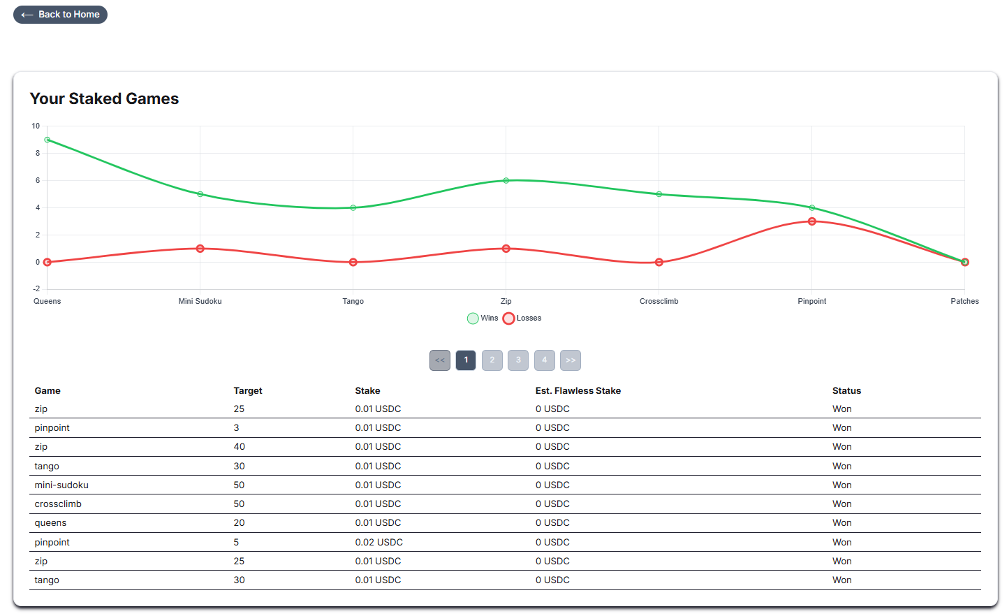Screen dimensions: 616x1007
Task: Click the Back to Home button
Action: (x=60, y=15)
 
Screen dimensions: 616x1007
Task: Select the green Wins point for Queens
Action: (x=47, y=140)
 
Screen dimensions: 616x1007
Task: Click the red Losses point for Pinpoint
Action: (x=811, y=221)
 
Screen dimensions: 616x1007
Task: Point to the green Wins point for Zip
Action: (x=506, y=181)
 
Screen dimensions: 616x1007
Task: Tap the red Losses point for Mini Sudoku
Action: (x=200, y=249)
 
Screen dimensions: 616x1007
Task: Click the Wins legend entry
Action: (x=483, y=318)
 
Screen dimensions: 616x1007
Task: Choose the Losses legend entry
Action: (x=522, y=318)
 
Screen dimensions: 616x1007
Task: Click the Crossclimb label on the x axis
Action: (x=659, y=302)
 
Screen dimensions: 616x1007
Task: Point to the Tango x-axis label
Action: (x=353, y=302)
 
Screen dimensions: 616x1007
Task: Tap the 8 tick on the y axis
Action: (x=38, y=154)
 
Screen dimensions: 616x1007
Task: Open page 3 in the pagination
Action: (x=518, y=360)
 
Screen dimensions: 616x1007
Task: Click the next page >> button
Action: (x=571, y=360)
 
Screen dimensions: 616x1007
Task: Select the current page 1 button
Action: (x=466, y=360)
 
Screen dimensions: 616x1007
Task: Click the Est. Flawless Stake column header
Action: (x=578, y=391)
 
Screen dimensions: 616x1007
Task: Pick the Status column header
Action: (x=846, y=391)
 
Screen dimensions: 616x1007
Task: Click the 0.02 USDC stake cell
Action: (x=378, y=543)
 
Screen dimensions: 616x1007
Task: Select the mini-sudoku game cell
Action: (x=61, y=485)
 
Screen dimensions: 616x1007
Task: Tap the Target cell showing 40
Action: (x=239, y=447)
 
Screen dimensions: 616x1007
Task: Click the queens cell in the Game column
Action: (x=50, y=523)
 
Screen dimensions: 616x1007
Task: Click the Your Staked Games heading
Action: (x=104, y=99)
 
